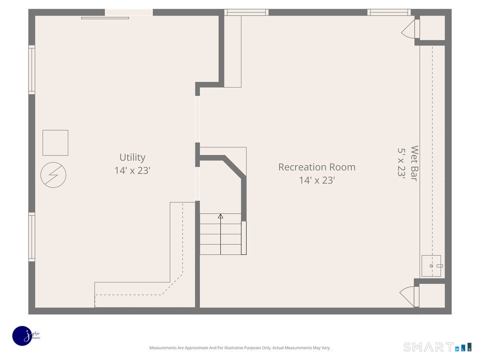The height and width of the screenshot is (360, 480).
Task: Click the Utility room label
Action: tap(132, 157)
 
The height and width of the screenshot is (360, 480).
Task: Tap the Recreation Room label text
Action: tap(316, 167)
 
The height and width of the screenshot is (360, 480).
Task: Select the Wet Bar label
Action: tap(414, 164)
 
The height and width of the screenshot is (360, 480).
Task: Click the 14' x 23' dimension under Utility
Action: tap(132, 170)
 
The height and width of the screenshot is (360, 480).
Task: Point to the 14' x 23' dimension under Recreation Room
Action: tap(316, 180)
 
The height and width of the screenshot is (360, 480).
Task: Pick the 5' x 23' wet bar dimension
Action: tap(402, 164)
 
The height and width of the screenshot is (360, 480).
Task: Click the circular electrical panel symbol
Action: tap(53, 175)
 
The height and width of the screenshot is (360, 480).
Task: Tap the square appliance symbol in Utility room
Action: tap(55, 143)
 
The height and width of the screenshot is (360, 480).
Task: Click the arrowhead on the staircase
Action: tap(220, 216)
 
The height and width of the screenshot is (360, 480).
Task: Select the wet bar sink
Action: tap(431, 266)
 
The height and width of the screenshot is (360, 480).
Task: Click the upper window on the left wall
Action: tap(32, 70)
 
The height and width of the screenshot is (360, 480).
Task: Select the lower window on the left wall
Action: tap(32, 237)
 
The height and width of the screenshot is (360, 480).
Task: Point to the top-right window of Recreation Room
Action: tap(389, 12)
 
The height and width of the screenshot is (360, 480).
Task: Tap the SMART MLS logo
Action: tap(437, 347)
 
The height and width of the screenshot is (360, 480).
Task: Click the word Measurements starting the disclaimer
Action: tap(162, 348)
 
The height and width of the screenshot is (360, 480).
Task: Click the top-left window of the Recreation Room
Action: tap(246, 12)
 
